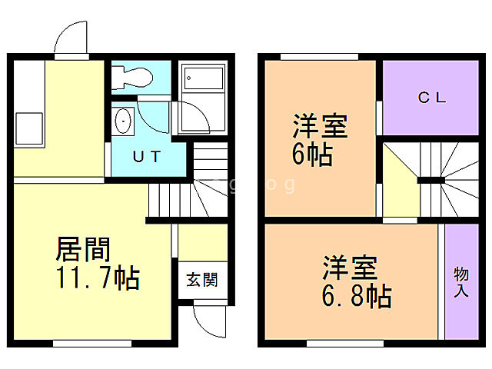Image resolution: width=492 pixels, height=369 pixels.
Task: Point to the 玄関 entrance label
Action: click(x=201, y=278)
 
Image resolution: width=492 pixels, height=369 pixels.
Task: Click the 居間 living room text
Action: click(x=84, y=249)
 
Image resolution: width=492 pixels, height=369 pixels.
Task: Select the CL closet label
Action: click(x=434, y=98)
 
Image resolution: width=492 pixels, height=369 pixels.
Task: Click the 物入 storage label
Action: click(x=461, y=283)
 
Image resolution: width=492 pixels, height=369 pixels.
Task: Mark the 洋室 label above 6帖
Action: click(x=319, y=126)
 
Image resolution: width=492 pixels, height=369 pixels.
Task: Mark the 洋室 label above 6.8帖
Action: click(x=349, y=268)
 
